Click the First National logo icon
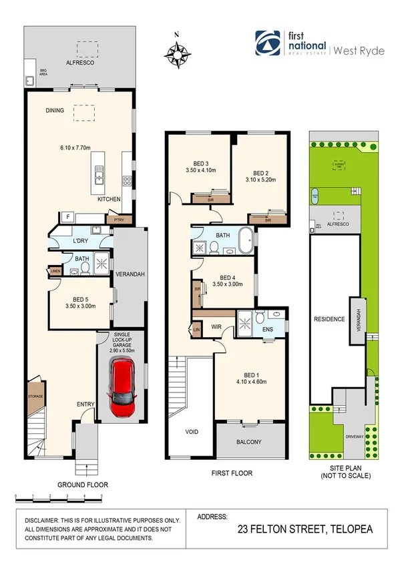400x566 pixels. (x=268, y=43)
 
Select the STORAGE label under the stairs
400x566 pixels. (x=35, y=396)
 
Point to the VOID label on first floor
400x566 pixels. (x=191, y=432)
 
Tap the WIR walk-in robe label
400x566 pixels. (x=218, y=326)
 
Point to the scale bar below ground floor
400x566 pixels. (x=58, y=497)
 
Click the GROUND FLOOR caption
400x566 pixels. (x=82, y=485)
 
